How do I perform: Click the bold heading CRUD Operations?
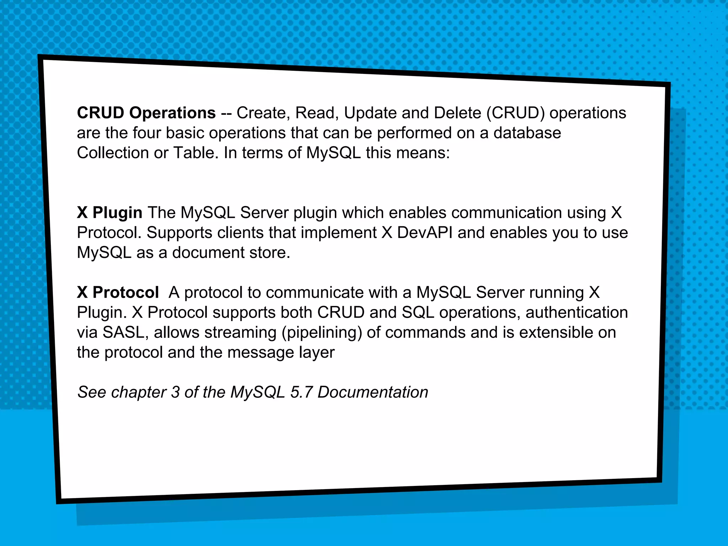pyautogui.click(x=146, y=113)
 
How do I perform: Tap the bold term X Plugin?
pyautogui.click(x=109, y=213)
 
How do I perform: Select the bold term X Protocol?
pyautogui.click(x=118, y=293)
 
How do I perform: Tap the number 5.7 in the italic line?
pyautogui.click(x=301, y=393)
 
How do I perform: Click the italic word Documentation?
pyautogui.click(x=373, y=393)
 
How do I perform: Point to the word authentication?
pyautogui.click(x=576, y=313)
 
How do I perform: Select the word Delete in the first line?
pyautogui.click(x=457, y=113)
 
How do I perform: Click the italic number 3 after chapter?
pyautogui.click(x=175, y=393)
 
